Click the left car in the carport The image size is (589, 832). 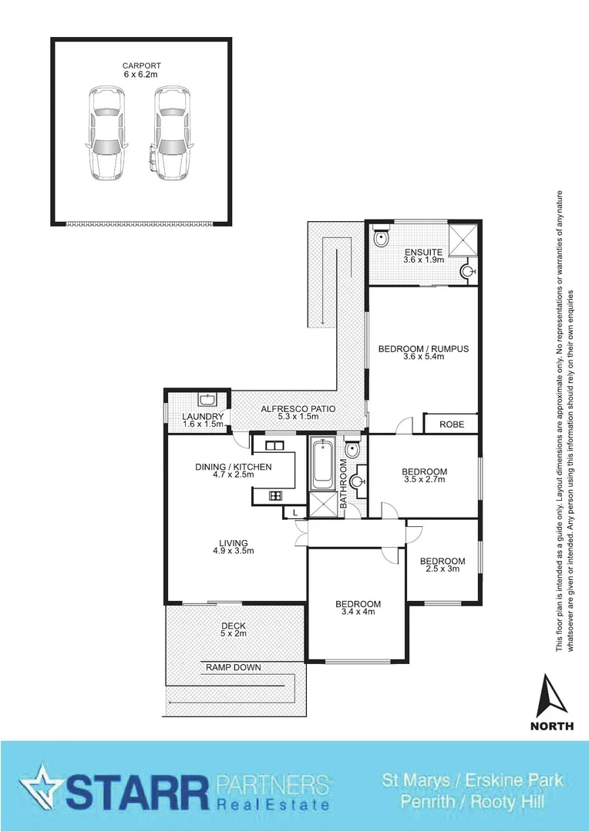coord(106,132)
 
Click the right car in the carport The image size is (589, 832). coord(171,132)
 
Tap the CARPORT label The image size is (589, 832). coord(142,65)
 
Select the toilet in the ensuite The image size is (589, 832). coord(380,241)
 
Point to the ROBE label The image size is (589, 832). coord(451,424)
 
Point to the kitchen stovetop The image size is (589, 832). coord(274,495)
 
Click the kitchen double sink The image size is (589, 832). coord(274,446)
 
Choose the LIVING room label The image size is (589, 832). coord(233,542)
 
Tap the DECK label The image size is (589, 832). coord(233,625)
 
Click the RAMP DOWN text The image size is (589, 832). coord(233,667)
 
